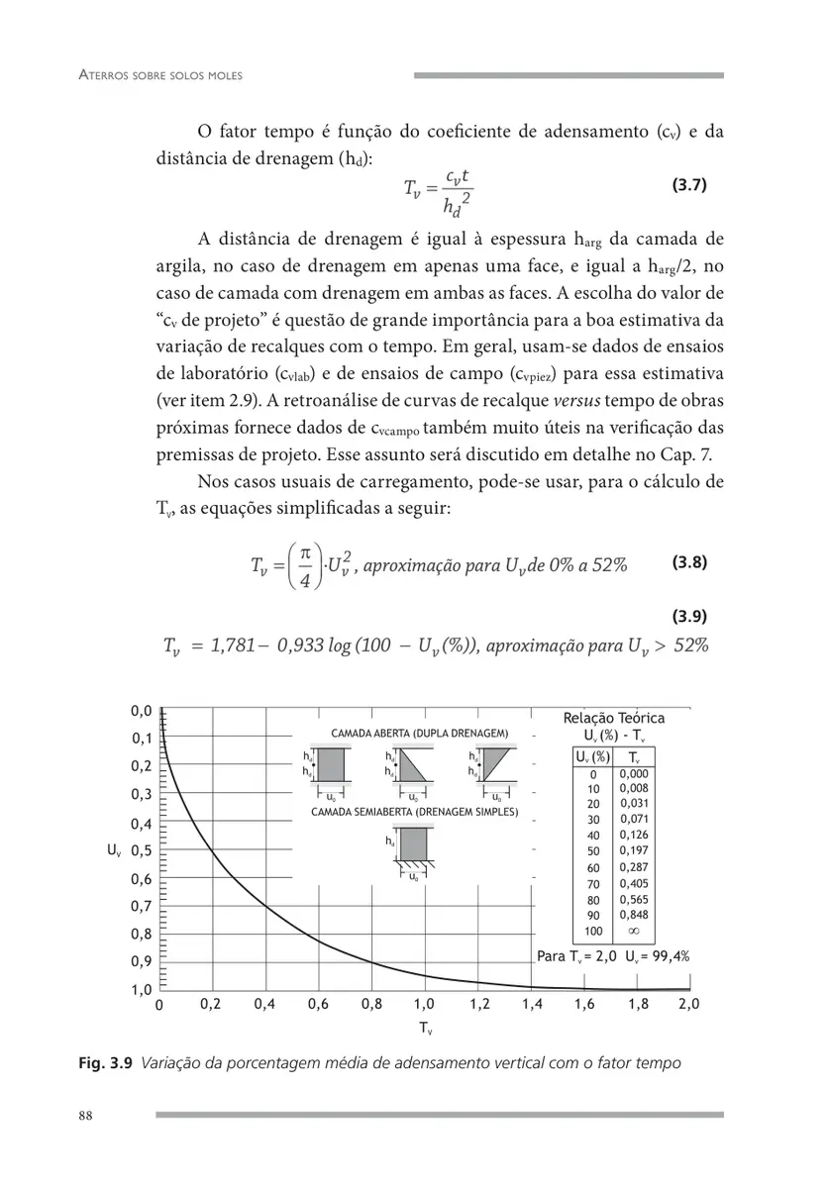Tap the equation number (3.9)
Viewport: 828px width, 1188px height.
(688, 616)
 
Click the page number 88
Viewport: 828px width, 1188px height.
(85, 1116)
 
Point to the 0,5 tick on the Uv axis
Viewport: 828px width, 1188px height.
(142, 850)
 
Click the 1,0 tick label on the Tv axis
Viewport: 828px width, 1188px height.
(424, 1004)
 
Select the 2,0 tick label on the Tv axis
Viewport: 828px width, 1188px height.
(689, 1004)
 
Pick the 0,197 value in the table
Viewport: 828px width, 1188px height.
(631, 849)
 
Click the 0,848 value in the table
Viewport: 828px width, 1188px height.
(631, 915)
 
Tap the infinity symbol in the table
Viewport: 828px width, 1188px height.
(631, 932)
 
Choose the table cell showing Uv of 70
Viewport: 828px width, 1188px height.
(593, 883)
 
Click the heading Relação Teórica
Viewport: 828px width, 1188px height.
(613, 719)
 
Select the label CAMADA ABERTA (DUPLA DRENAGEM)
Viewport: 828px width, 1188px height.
(419, 734)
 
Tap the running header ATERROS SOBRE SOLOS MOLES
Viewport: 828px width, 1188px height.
(160, 75)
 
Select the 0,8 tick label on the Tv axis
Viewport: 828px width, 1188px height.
(371, 1004)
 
